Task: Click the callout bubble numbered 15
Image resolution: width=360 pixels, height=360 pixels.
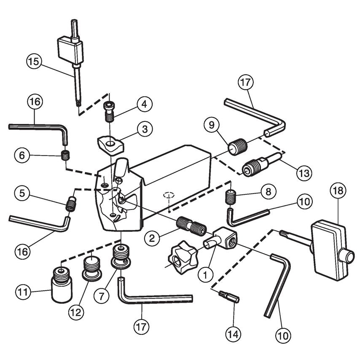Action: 35,62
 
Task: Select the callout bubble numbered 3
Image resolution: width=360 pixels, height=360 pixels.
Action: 145,129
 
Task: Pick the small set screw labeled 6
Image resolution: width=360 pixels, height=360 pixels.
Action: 65,156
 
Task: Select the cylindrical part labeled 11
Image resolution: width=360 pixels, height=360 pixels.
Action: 61,285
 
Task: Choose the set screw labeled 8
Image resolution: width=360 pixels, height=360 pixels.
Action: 230,197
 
